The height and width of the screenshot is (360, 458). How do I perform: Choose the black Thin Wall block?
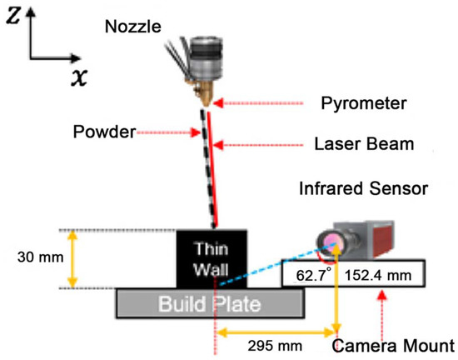click(x=209, y=259)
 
